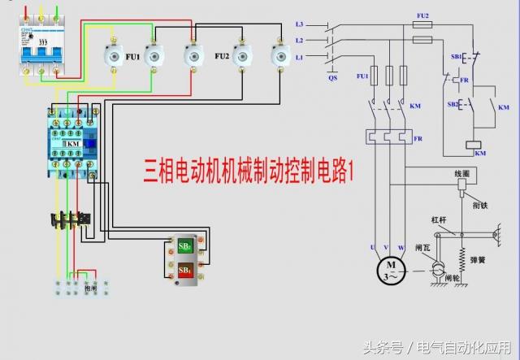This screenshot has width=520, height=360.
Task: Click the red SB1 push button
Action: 185,269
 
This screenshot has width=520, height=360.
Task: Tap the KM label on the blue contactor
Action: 72,143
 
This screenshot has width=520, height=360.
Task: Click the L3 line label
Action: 300,24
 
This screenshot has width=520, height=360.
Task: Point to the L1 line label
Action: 300,56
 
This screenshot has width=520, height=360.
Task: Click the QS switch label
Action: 332,78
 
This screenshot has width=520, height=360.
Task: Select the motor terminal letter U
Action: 373,246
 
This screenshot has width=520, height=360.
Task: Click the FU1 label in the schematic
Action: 362,76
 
